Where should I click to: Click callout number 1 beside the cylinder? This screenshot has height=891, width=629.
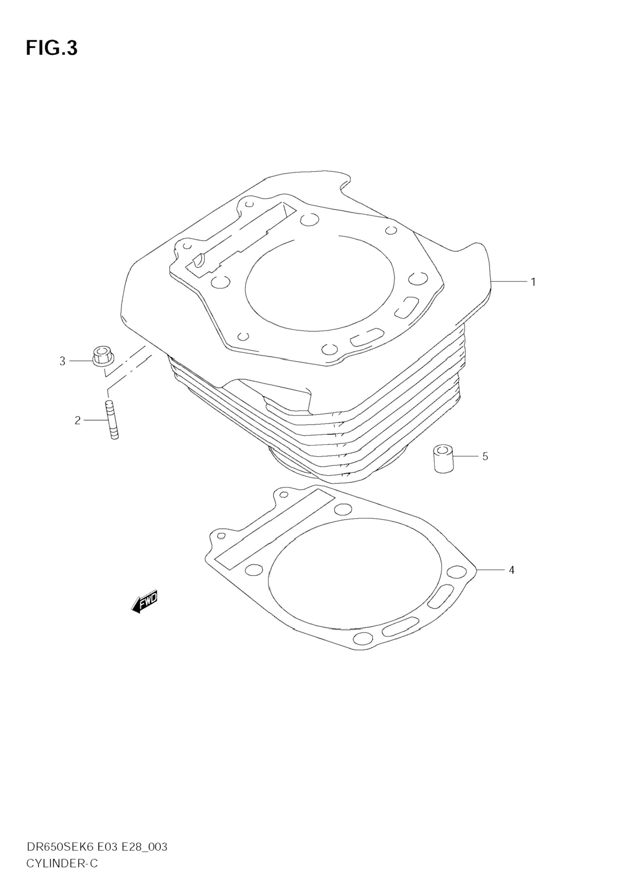click(x=533, y=282)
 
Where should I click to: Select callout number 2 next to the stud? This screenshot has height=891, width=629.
click(x=78, y=420)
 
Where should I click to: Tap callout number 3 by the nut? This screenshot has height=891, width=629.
click(x=62, y=361)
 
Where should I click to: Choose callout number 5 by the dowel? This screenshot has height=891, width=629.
click(x=485, y=456)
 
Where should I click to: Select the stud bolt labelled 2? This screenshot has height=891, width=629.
click(x=112, y=420)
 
